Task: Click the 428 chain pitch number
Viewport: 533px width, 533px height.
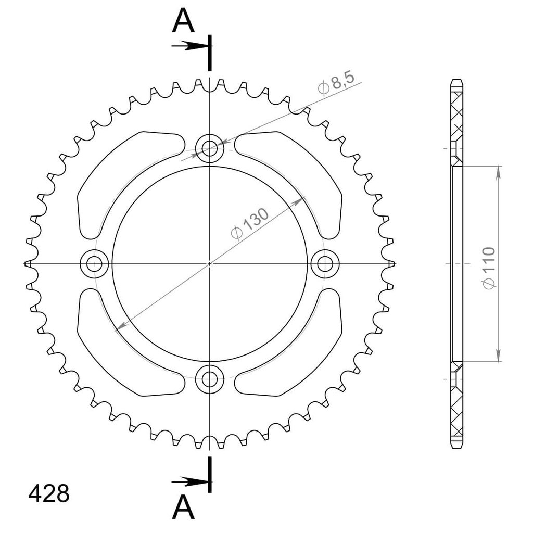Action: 49,493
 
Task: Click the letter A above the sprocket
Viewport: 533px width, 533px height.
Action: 184,21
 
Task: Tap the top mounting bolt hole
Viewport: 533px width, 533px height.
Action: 210,148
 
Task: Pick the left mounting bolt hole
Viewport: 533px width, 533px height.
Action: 94,263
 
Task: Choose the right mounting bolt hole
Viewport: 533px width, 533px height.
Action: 325,263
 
